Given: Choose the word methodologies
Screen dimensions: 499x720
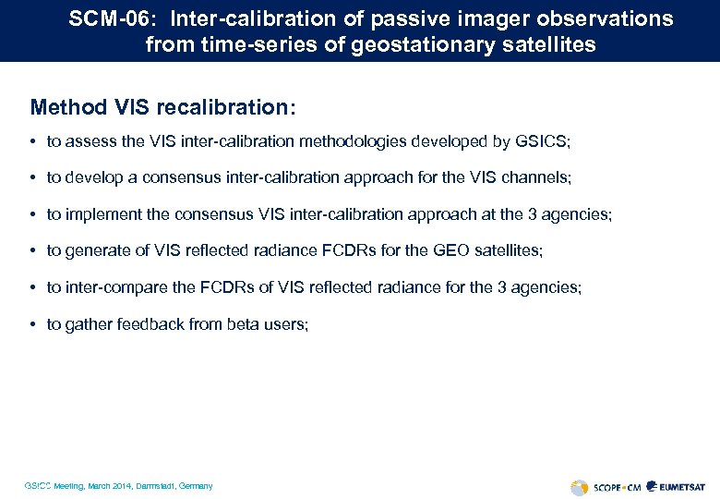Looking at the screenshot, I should tap(350, 141).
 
